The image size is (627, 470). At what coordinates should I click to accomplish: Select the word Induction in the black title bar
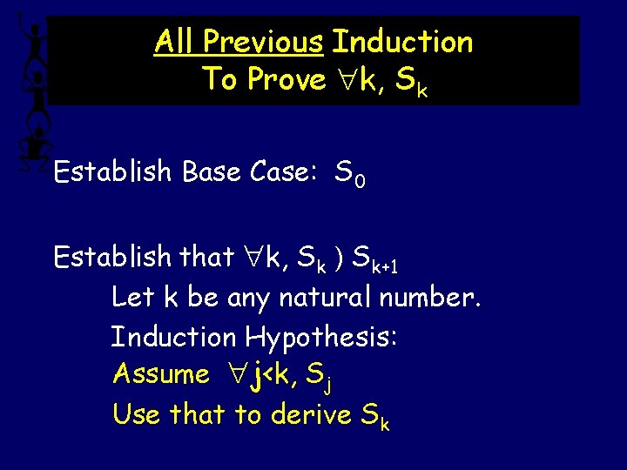[402, 42]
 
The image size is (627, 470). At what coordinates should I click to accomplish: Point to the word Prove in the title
[287, 79]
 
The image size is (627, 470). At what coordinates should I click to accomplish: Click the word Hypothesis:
[322, 337]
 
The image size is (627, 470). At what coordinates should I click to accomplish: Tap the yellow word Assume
[161, 374]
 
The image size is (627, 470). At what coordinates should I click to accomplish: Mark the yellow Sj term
[324, 376]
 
